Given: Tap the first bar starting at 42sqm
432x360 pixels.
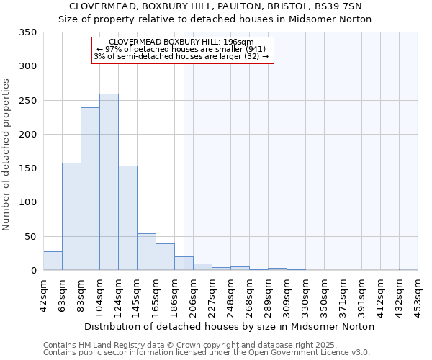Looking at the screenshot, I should pos(53,261).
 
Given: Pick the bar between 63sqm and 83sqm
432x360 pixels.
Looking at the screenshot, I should pos(71,216).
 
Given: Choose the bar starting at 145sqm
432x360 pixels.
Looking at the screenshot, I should pos(146,252).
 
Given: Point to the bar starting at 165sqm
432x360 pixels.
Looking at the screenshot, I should pos(165,257).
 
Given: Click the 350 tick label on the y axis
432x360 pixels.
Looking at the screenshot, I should pos(28,32).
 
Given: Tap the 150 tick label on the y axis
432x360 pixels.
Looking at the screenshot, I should pos(28,168).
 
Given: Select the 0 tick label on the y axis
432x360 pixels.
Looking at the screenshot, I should pos(33,271).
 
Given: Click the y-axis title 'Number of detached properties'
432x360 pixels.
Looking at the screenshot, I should pos(6,155).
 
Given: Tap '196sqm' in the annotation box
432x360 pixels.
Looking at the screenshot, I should pos(238,42).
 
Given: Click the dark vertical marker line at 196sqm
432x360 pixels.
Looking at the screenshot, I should pos(184,180).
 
